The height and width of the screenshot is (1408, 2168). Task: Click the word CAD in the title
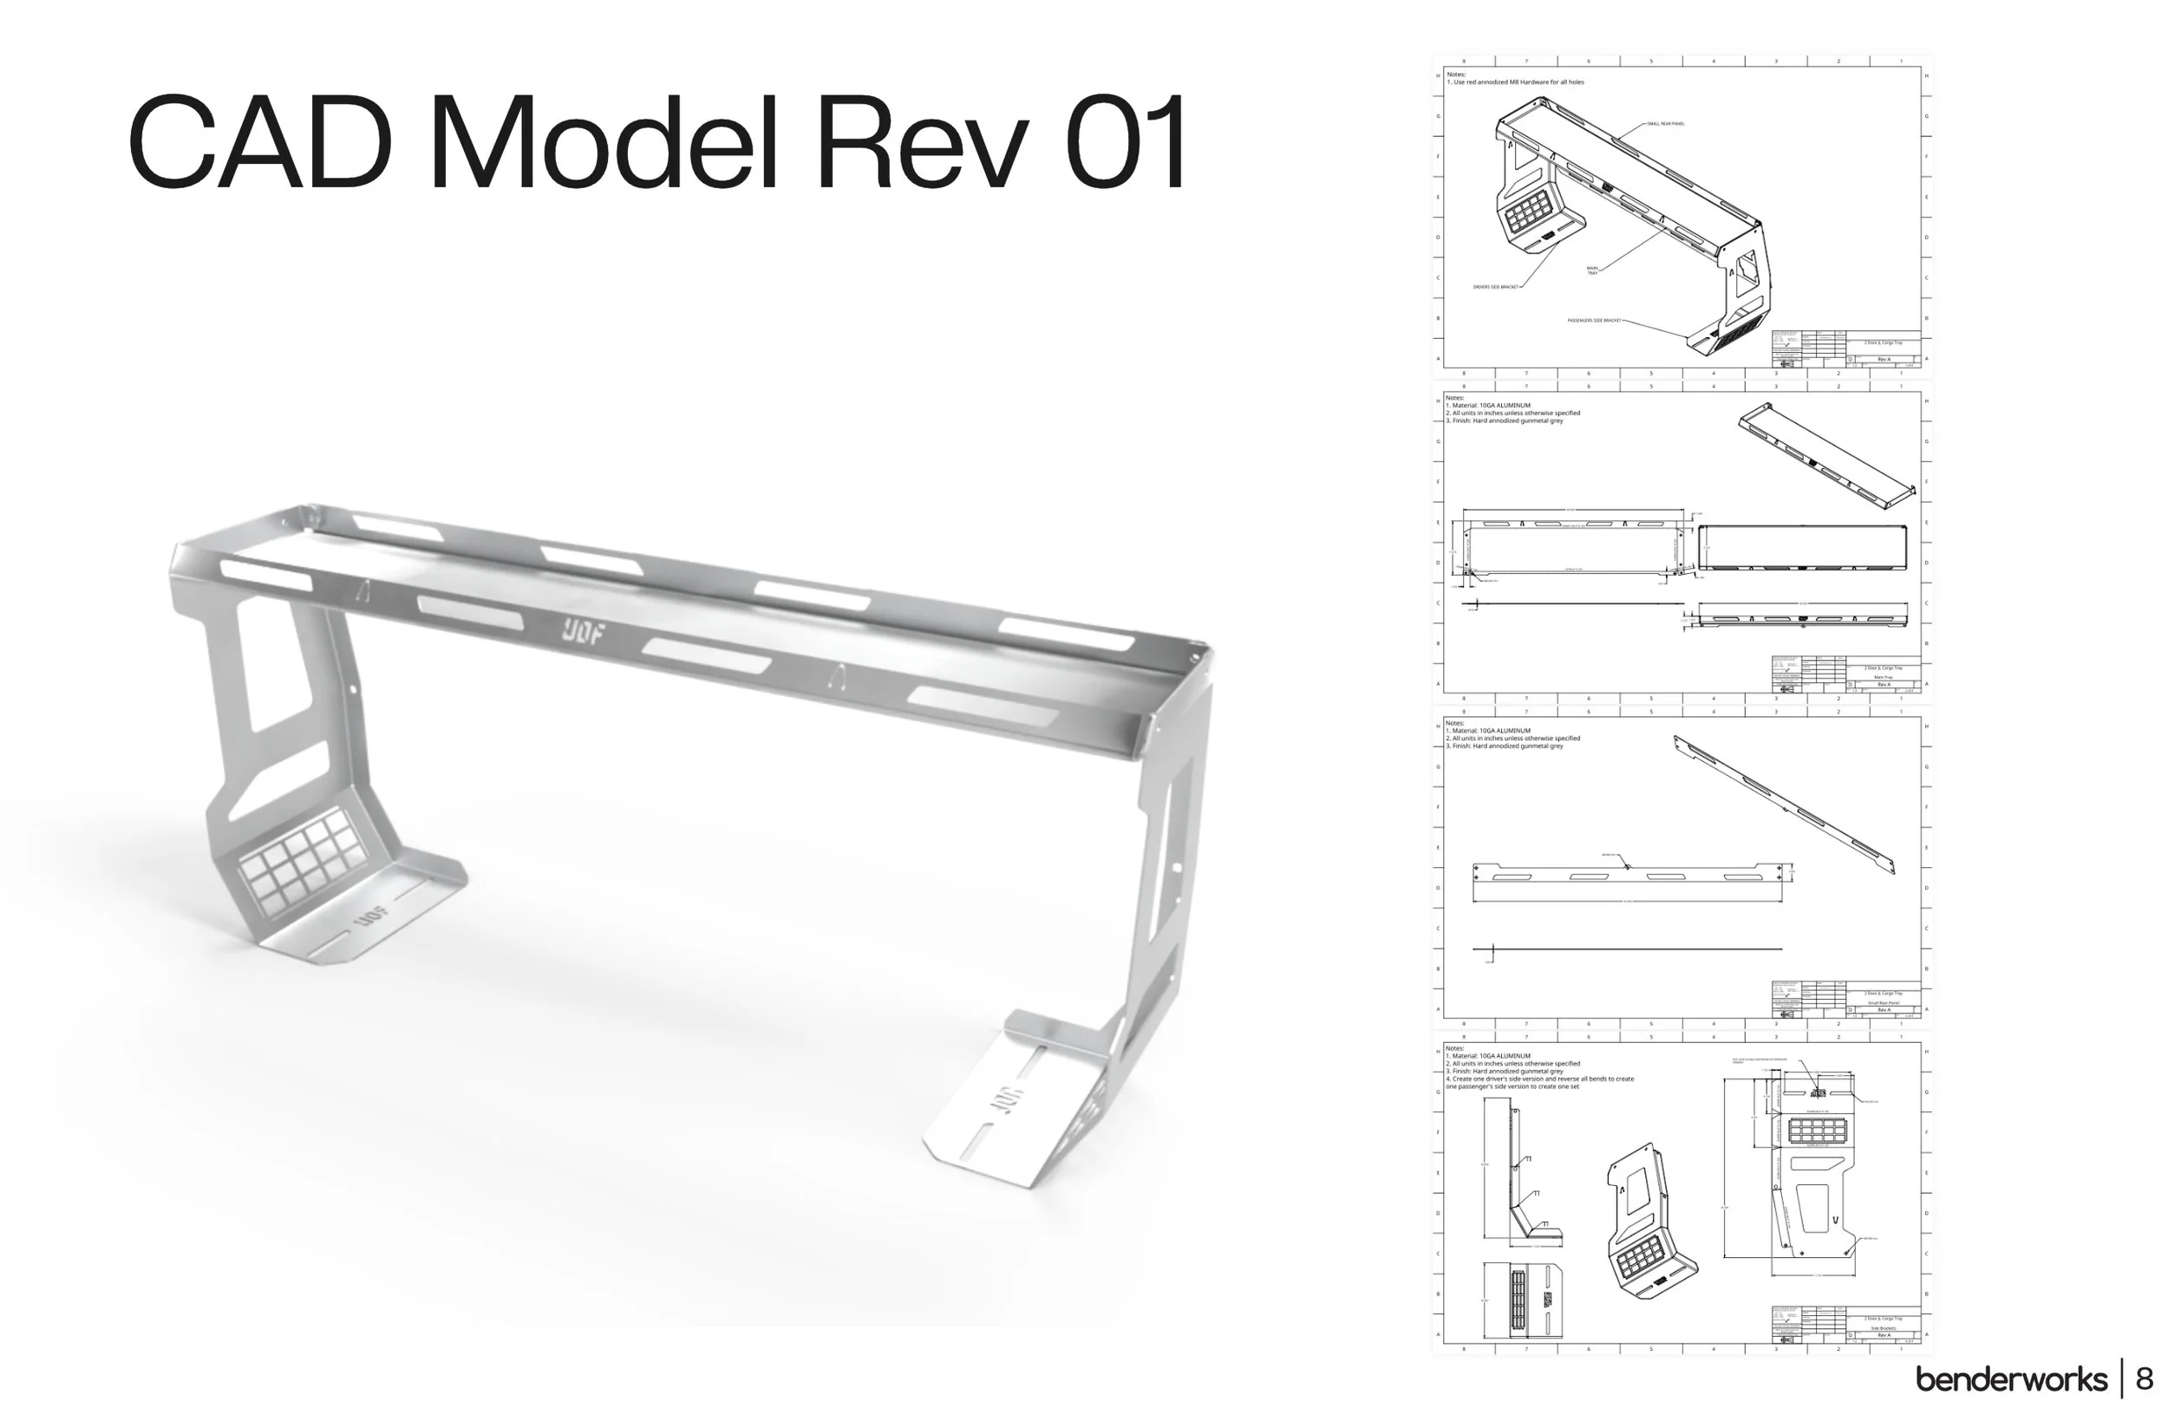click(259, 143)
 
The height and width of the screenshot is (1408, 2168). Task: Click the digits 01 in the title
click(1125, 143)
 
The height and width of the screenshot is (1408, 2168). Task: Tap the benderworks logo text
click(2011, 1379)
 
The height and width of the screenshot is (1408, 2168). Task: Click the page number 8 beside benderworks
click(2145, 1378)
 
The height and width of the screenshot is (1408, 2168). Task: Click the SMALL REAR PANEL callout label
click(1666, 124)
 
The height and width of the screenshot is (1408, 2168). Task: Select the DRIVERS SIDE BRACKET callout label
click(1496, 287)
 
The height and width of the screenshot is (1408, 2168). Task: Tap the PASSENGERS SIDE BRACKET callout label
click(1594, 321)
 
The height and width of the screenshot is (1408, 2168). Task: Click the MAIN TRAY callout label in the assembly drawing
click(1592, 271)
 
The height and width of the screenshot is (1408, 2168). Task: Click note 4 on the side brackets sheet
click(1539, 1082)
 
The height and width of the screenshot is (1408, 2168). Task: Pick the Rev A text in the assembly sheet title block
click(1883, 359)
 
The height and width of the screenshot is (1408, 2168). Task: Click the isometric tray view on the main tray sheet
click(1827, 455)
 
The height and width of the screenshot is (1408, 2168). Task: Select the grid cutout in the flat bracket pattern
click(1817, 1131)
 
